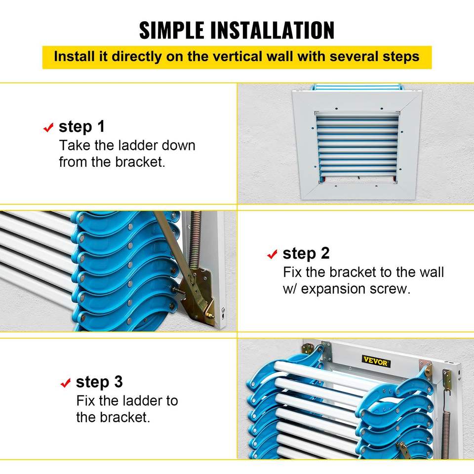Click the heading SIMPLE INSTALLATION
pyautogui.click(x=237, y=30)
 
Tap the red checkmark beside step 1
pyautogui.click(x=48, y=127)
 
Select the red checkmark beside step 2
pyautogui.click(x=273, y=254)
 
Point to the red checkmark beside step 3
pyautogui.click(x=66, y=383)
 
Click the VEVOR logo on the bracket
pyautogui.click(x=376, y=361)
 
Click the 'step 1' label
pyautogui.click(x=81, y=127)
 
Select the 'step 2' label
pyautogui.click(x=306, y=254)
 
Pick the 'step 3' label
pyautogui.click(x=99, y=382)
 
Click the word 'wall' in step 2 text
pyautogui.click(x=432, y=273)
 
